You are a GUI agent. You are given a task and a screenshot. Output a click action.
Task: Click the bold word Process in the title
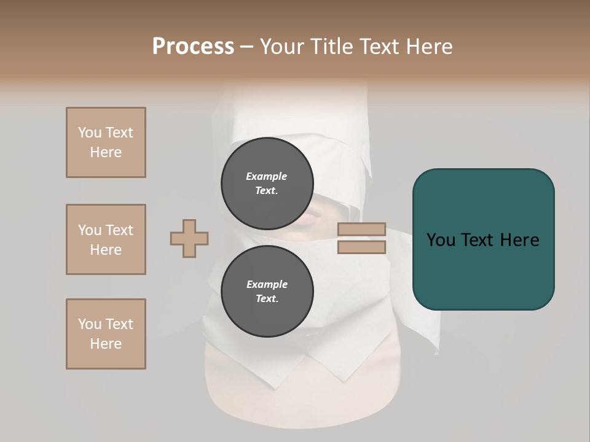[193, 46]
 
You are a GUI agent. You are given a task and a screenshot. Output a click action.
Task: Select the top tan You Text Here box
[106, 142]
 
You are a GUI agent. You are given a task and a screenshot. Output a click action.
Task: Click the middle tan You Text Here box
[106, 239]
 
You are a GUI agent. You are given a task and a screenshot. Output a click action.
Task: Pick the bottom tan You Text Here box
[106, 334]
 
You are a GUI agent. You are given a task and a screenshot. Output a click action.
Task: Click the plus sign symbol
[189, 238]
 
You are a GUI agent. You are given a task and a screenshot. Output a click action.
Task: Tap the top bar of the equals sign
[361, 229]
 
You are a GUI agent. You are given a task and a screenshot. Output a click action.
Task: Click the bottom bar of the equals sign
[361, 247]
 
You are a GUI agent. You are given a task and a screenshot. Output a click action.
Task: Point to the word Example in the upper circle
[267, 176]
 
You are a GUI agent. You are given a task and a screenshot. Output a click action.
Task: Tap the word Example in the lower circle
[267, 284]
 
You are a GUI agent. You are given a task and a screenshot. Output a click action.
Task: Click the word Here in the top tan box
[106, 152]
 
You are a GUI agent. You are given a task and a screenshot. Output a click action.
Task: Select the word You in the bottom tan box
[90, 324]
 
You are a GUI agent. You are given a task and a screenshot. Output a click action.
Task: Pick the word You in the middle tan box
[90, 230]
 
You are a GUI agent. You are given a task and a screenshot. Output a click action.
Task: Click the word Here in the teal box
[519, 240]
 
